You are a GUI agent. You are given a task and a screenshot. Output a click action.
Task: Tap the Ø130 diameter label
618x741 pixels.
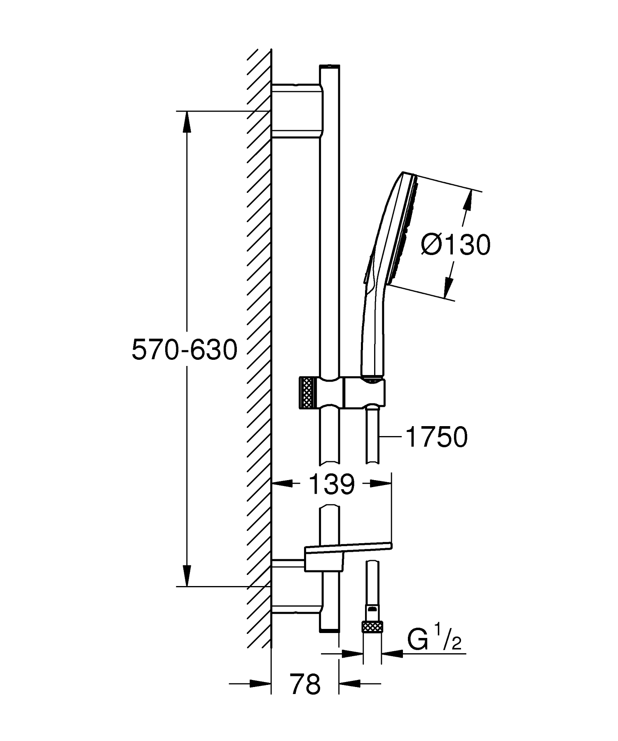coord(456,245)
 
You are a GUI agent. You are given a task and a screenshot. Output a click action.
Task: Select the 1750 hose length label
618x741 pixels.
coord(436,437)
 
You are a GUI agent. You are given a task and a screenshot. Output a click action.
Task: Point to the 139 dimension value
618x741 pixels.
coord(331,484)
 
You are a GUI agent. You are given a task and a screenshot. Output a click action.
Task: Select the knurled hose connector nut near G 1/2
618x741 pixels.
coord(372,628)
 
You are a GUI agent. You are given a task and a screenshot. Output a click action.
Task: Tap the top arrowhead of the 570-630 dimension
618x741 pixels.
coord(187,122)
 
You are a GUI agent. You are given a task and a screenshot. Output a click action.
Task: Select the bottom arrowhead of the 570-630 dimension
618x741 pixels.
coord(187,575)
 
